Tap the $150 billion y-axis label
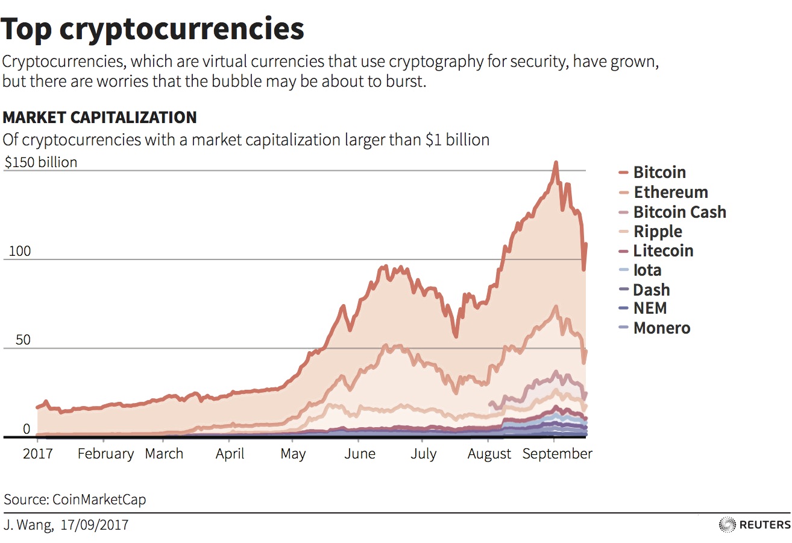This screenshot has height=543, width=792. pos(41,162)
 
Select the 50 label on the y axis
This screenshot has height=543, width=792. pos(14,340)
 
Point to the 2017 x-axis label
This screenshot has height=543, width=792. pos(37,454)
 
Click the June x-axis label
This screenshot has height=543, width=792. pos(360,454)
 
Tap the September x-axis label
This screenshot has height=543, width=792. pos(557,454)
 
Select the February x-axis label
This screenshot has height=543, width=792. pos(105,454)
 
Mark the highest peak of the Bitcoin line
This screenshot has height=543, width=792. pos(556,162)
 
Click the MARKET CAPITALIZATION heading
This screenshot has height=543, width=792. pos(99,117)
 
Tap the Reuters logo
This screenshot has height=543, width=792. pos(755,524)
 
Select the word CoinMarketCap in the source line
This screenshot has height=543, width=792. pos(99,500)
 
